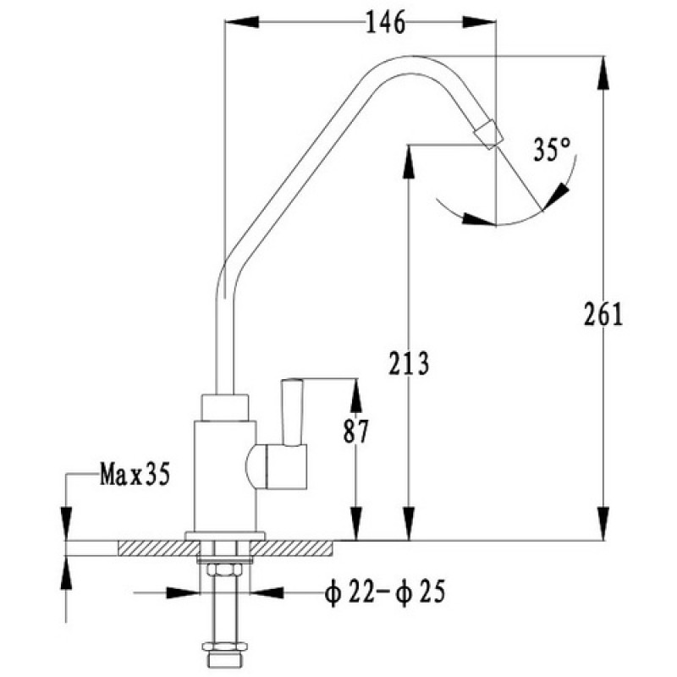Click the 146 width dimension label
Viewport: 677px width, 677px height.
(x=385, y=23)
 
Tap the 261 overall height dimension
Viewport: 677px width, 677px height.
(x=603, y=314)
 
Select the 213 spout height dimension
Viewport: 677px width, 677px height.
(x=409, y=364)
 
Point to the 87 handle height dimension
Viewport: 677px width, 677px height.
(x=355, y=432)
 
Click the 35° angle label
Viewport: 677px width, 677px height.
(x=552, y=150)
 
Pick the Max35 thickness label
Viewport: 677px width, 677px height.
(x=135, y=475)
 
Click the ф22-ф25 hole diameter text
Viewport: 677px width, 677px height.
(x=385, y=592)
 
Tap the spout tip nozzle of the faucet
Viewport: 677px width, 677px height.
(x=489, y=135)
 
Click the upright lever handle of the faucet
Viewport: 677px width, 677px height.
(x=292, y=412)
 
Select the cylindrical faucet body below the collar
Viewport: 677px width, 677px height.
(x=225, y=476)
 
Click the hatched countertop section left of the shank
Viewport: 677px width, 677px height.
(x=158, y=548)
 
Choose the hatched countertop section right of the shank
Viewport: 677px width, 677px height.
(x=291, y=548)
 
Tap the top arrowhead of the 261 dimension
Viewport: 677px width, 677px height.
(x=603, y=73)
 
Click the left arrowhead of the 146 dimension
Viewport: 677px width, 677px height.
(x=242, y=23)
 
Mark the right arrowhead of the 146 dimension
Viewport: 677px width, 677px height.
(x=479, y=23)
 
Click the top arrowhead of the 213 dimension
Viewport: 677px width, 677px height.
(x=409, y=162)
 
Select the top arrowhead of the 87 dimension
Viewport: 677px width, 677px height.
(x=355, y=395)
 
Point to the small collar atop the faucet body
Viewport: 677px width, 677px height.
(x=225, y=407)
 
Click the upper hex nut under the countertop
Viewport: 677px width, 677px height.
(x=225, y=570)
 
